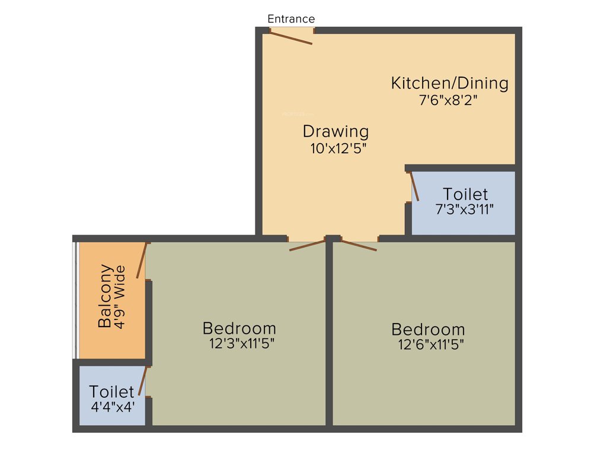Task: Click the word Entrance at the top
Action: pos(291,19)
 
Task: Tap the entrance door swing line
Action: pos(291,37)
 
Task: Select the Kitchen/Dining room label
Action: pos(449,83)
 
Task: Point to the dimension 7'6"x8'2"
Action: pos(448,100)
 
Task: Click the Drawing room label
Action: pos(336,131)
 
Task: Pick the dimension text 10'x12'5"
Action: pos(338,148)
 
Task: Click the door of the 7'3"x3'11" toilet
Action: pos(414,186)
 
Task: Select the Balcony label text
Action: pos(105,296)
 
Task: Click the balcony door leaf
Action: pos(141,260)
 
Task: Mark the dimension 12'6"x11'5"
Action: pos(431,344)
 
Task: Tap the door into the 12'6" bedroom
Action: pos(359,245)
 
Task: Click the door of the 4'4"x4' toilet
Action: pos(142,381)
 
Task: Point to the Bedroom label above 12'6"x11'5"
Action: pos(428,330)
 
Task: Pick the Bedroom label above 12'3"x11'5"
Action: pos(239,328)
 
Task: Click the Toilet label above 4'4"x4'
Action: pos(111,392)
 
